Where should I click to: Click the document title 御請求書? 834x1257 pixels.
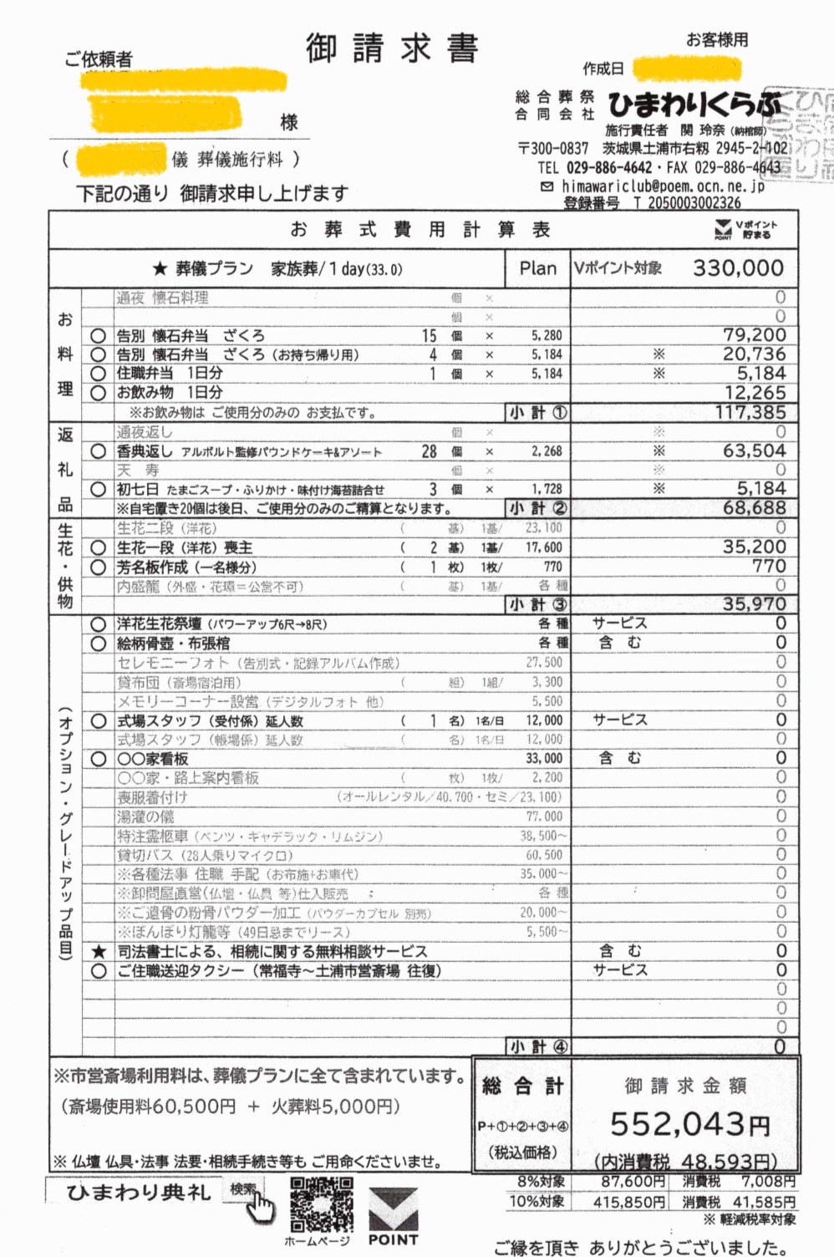click(392, 48)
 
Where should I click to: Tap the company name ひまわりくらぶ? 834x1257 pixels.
click(694, 105)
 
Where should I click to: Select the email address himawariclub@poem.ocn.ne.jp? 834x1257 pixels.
click(662, 186)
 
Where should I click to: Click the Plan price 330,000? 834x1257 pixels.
click(738, 268)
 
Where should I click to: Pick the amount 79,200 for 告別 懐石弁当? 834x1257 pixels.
click(754, 335)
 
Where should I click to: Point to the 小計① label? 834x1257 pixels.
click(538, 412)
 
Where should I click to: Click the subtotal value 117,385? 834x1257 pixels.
click(750, 412)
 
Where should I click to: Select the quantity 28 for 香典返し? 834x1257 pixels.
click(429, 451)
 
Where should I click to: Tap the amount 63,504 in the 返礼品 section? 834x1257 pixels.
click(754, 451)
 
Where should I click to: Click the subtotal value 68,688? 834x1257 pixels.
click(754, 508)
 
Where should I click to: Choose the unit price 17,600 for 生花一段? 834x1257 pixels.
click(543, 547)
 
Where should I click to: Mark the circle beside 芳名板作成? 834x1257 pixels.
click(99, 567)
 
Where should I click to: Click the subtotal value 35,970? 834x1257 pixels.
click(754, 603)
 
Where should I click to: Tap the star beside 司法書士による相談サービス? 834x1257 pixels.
click(99, 951)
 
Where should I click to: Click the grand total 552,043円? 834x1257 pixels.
click(689, 1125)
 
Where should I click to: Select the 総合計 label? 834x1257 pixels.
click(522, 1087)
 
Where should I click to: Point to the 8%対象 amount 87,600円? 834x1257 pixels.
click(633, 1182)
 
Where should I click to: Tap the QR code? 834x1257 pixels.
click(322, 1204)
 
